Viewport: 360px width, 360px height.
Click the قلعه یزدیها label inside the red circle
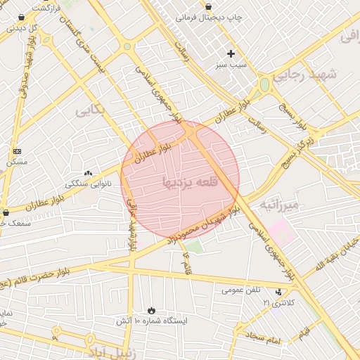[191, 182]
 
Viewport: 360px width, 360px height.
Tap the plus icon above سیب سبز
[231, 53]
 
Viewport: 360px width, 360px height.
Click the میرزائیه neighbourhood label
[279, 205]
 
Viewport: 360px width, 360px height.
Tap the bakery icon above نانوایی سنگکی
[88, 173]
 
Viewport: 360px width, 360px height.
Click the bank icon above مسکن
[17, 151]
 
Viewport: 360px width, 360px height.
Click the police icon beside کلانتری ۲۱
[282, 291]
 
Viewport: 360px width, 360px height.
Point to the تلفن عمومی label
[241, 289]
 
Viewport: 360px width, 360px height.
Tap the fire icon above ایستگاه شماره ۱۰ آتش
[152, 310]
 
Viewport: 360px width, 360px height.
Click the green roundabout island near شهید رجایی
[264, 85]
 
